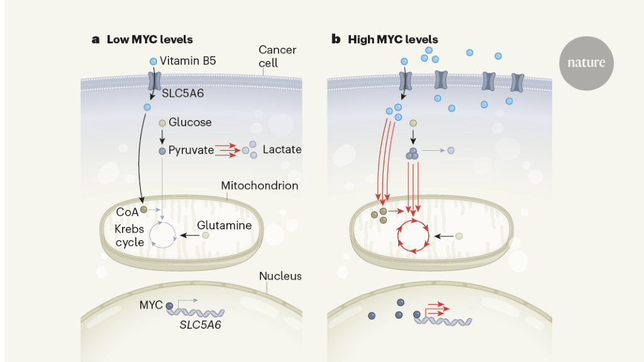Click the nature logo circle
pyautogui.click(x=586, y=63)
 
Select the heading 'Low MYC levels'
pyautogui.click(x=150, y=40)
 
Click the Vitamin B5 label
pyautogui.click(x=188, y=61)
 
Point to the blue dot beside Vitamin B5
pyautogui.click(x=153, y=61)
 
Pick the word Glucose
pyautogui.click(x=190, y=123)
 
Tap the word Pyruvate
pyautogui.click(x=191, y=150)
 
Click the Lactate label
pyautogui.click(x=282, y=150)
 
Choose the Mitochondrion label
pyautogui.click(x=259, y=186)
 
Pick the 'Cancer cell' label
pyautogui.click(x=277, y=56)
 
